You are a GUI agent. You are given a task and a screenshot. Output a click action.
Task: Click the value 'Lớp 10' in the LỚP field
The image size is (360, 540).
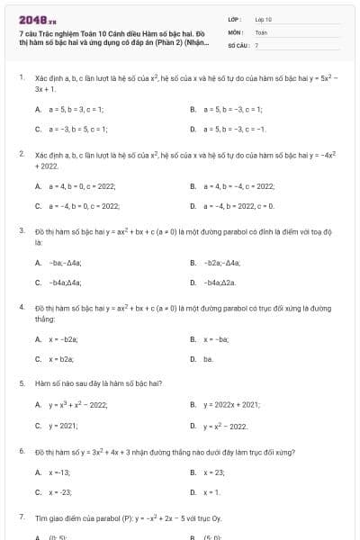coord(263,18)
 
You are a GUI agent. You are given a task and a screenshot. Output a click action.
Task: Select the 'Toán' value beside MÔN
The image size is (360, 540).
coord(261,31)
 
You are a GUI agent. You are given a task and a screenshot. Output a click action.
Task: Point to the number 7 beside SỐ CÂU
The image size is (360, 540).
coord(256,43)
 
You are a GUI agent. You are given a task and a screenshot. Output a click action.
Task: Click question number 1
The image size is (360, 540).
coord(21,78)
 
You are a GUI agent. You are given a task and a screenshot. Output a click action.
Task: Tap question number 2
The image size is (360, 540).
coord(21,155)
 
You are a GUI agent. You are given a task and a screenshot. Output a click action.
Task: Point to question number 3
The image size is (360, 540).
coord(21,231)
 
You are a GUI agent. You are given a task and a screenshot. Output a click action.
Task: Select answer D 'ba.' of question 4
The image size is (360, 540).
coord(207,359)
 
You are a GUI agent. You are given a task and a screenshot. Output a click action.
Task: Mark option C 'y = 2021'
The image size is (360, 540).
coord(63,424)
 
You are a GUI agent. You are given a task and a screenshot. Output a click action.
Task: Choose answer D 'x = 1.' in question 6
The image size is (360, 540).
coord(212,492)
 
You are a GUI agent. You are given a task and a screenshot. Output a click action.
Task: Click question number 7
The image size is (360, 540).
coord(21,517)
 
